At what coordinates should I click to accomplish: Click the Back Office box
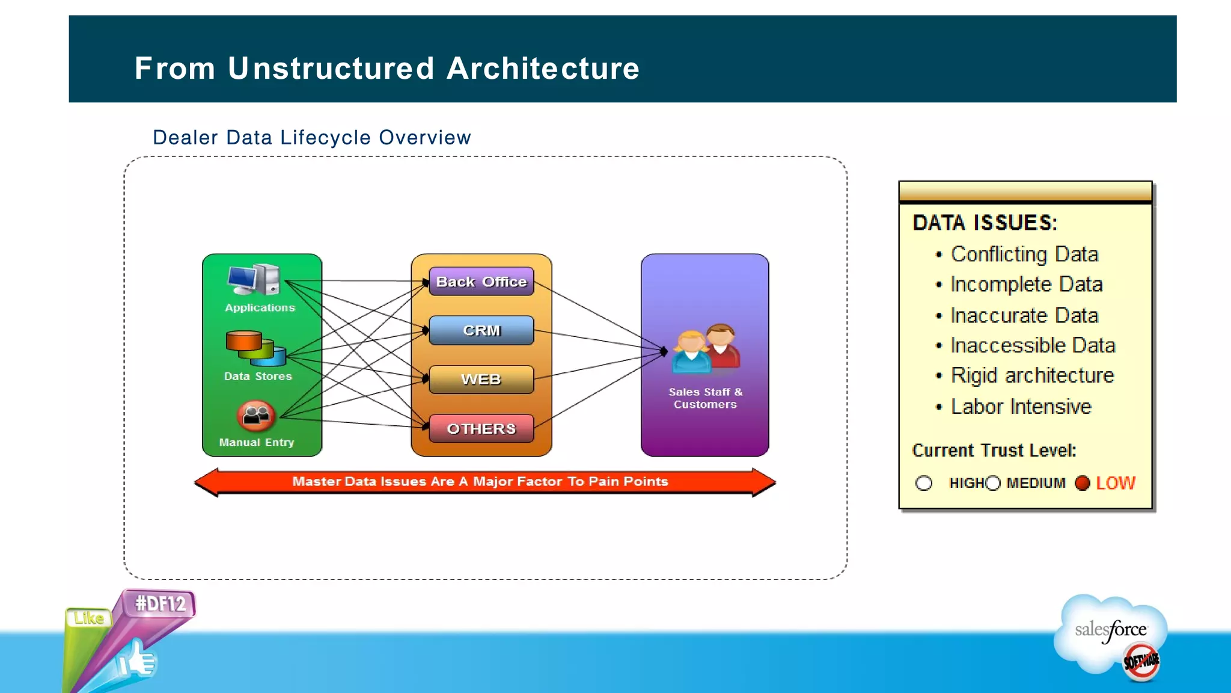click(x=481, y=282)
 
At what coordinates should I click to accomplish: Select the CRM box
click(x=481, y=330)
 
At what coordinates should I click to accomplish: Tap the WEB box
click(x=481, y=380)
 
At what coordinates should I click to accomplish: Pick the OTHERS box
click(x=481, y=428)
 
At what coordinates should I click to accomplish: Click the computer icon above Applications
click(x=255, y=280)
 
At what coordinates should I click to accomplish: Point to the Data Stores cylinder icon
click(x=255, y=349)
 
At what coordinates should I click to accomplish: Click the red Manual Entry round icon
click(x=256, y=416)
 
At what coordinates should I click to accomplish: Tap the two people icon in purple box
click(x=706, y=349)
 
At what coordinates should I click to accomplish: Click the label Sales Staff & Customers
click(x=705, y=398)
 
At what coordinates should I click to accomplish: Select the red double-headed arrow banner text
click(x=480, y=481)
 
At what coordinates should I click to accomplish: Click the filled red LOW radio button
click(x=1082, y=483)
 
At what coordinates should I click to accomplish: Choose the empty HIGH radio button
click(x=923, y=483)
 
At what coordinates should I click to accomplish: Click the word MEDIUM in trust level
click(x=1036, y=483)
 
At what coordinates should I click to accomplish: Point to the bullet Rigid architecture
click(x=1031, y=375)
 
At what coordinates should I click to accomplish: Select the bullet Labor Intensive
click(x=1020, y=407)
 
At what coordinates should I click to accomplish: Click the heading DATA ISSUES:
click(x=984, y=223)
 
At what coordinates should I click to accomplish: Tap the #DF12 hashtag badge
click(x=160, y=603)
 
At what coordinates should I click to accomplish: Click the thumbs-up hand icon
click(x=137, y=661)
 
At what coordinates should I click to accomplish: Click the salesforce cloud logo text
click(x=1110, y=630)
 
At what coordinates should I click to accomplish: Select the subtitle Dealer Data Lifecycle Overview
click(x=311, y=138)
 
